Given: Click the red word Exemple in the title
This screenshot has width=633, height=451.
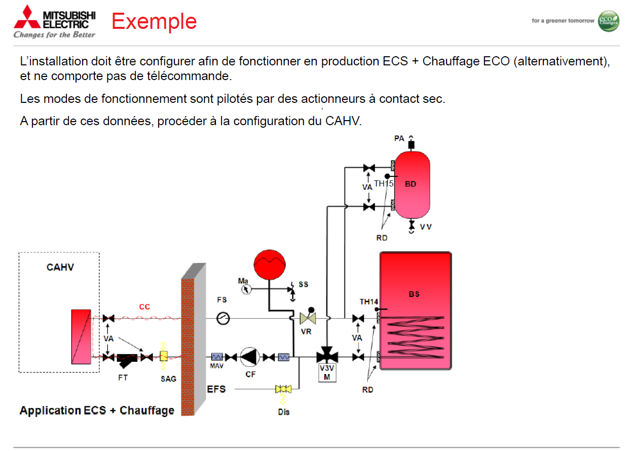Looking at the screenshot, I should pos(154,21).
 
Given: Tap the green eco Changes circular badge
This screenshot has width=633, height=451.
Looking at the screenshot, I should pos(608,21).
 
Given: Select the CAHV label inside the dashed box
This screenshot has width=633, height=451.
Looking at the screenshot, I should pos(60,267).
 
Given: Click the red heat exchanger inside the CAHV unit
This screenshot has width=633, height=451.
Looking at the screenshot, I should pos(81,336).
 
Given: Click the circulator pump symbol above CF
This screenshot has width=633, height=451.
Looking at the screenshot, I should pos(249,357).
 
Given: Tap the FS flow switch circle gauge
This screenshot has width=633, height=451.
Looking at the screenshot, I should pos(223,318).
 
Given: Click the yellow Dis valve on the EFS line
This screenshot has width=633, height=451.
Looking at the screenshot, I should pos(283,389).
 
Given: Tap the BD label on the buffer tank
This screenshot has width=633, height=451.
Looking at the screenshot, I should pos(411,184).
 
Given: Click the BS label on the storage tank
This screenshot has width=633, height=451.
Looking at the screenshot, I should pos(415,294).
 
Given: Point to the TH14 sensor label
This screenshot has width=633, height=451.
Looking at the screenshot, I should pos(369,302).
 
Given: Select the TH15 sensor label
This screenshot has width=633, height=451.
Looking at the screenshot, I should pos(384,183).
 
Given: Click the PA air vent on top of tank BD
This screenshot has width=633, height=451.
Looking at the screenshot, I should pos(411,145).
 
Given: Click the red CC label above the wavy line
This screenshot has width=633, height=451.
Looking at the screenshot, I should pos(144,307).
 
